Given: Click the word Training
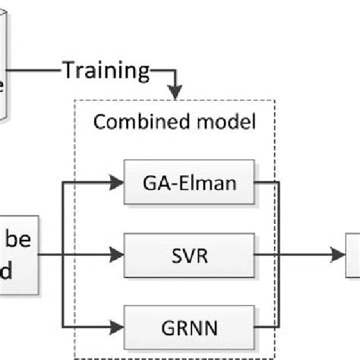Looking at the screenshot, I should [106, 71].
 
